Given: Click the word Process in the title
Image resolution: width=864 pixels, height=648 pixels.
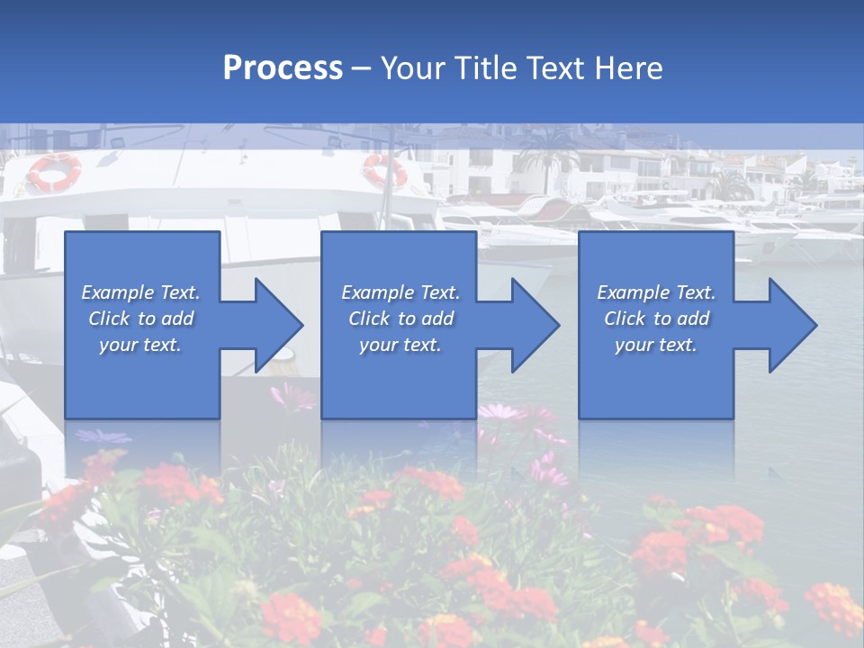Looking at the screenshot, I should tap(283, 68).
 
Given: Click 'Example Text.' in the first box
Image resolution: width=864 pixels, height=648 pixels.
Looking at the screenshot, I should tap(140, 292).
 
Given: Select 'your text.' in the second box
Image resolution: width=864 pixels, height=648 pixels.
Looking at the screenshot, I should tap(400, 345).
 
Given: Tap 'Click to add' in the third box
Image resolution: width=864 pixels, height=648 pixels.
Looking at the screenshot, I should tap(656, 319).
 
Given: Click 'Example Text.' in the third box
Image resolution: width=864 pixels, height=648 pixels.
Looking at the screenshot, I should tap(656, 292).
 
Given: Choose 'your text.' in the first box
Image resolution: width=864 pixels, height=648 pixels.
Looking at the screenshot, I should tap(140, 345).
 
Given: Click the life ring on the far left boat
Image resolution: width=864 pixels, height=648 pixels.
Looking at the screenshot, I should tap(54, 172).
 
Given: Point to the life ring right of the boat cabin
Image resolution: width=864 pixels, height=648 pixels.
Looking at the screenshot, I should tap(384, 169).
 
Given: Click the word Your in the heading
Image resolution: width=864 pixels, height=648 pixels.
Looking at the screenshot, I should tap(413, 68).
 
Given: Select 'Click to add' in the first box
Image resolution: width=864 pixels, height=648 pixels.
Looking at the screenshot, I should tap(140, 319).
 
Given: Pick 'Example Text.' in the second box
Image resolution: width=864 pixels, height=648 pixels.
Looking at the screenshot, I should tap(400, 292).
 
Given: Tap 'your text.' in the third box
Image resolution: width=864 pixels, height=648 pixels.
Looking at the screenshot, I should tap(656, 345).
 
